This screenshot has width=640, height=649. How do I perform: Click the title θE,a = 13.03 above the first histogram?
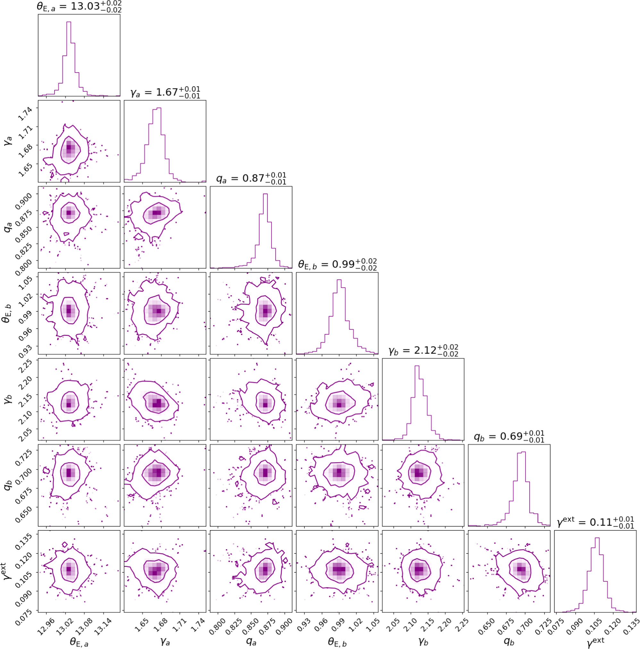click(79, 7)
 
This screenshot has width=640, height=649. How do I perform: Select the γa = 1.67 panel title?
click(165, 92)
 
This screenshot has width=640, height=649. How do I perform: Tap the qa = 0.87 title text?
click(251, 178)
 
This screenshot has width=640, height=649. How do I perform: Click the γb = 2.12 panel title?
click(423, 350)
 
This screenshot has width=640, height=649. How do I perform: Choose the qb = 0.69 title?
click(509, 436)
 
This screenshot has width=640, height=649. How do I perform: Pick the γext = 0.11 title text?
click(596, 522)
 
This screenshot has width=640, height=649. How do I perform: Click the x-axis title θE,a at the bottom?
click(79, 642)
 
